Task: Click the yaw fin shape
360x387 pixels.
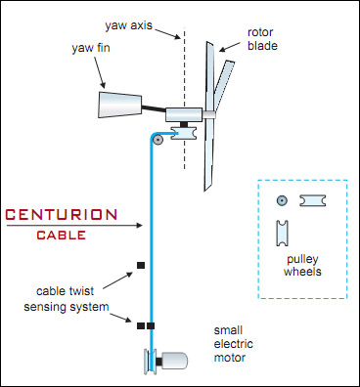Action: pyautogui.click(x=120, y=105)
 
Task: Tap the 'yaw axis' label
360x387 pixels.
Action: pyautogui.click(x=128, y=25)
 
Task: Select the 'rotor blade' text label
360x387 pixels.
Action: pyautogui.click(x=262, y=39)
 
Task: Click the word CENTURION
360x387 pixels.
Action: pyautogui.click(x=62, y=215)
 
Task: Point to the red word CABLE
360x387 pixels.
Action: pyautogui.click(x=62, y=236)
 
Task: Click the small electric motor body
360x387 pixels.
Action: pyautogui.click(x=174, y=361)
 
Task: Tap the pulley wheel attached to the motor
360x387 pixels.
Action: pyautogui.click(x=150, y=362)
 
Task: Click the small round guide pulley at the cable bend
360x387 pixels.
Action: pyautogui.click(x=157, y=141)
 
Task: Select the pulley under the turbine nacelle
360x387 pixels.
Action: pyautogui.click(x=184, y=134)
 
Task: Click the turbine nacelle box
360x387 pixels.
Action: pyautogui.click(x=184, y=114)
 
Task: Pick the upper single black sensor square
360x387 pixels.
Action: pyautogui.click(x=141, y=265)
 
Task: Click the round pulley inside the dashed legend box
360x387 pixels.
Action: pyautogui.click(x=282, y=200)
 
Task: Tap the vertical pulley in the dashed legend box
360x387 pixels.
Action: pyautogui.click(x=282, y=233)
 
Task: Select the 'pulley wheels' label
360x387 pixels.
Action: pyautogui.click(x=302, y=265)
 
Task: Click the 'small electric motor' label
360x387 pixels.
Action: pyautogui.click(x=233, y=344)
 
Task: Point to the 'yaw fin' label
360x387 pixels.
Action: pyautogui.click(x=91, y=48)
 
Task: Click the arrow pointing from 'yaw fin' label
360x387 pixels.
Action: pyautogui.click(x=100, y=72)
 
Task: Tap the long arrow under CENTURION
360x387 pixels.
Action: pyautogui.click(x=74, y=225)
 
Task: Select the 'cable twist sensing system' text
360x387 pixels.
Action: pyautogui.click(x=67, y=299)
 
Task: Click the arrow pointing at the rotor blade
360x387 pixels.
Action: pyautogui.click(x=231, y=47)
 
